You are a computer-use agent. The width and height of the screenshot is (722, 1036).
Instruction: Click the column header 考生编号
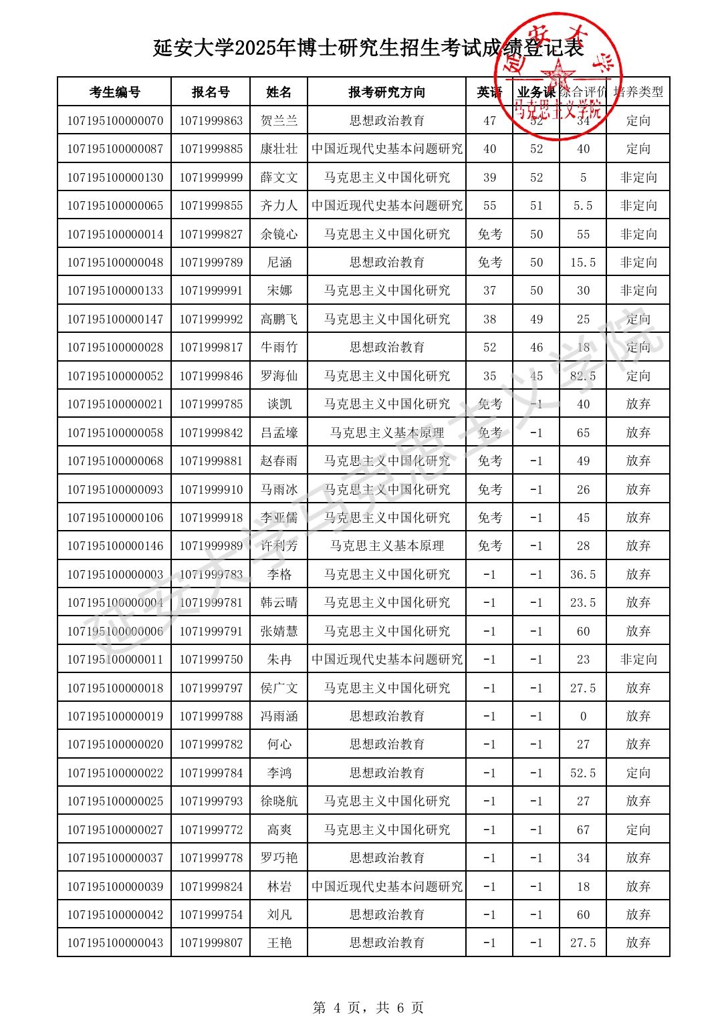114,92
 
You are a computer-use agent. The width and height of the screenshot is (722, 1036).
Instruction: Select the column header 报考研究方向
386,92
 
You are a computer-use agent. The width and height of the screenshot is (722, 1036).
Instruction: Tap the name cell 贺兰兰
279,121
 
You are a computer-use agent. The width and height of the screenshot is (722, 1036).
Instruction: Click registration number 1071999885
211,149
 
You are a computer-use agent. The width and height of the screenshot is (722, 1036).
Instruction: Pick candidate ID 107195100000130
114,178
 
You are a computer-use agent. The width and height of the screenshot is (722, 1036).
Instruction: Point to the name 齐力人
279,206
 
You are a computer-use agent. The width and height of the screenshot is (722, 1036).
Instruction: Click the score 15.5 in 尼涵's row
583,263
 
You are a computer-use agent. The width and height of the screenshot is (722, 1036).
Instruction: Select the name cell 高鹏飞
279,319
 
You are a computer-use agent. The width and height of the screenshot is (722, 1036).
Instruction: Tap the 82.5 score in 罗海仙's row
583,376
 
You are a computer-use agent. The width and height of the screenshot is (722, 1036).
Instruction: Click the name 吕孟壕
279,433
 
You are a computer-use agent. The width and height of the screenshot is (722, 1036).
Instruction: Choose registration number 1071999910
211,490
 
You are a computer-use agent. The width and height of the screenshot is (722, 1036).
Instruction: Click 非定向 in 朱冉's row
638,660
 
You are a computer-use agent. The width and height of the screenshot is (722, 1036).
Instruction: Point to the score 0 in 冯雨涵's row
583,717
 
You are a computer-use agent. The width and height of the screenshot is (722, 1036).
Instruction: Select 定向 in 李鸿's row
638,773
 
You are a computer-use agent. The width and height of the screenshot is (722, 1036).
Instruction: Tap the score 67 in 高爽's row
583,830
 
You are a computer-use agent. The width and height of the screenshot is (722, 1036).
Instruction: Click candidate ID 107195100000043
114,943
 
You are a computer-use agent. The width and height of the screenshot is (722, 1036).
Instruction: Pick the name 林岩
279,887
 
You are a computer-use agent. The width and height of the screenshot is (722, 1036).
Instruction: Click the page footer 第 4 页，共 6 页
368,1008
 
